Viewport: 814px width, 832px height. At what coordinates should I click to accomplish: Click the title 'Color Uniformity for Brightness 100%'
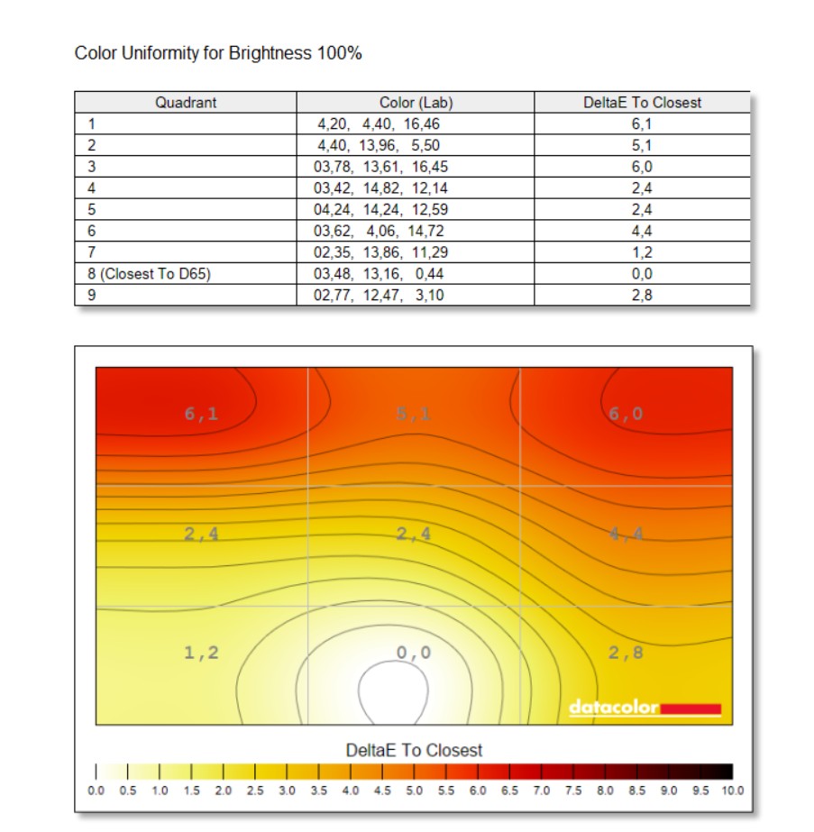[218, 54]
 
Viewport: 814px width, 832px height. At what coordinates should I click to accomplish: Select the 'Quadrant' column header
[186, 103]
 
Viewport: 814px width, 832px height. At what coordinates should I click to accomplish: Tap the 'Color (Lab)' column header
[415, 103]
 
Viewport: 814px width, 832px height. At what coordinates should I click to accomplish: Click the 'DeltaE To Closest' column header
[642, 103]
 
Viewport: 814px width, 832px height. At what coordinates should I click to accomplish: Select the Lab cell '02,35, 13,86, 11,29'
[380, 252]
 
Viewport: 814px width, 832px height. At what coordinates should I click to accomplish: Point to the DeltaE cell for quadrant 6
[642, 231]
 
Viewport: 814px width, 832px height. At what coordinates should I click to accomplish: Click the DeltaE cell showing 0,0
[642, 274]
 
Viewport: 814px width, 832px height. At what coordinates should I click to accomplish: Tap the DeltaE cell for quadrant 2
[642, 146]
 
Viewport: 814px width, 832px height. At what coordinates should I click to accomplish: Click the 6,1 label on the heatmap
[201, 414]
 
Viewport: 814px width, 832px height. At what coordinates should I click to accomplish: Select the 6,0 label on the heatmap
[625, 414]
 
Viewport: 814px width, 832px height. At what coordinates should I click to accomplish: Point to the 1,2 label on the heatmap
[201, 652]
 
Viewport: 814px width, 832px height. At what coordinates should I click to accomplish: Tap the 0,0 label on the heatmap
[414, 652]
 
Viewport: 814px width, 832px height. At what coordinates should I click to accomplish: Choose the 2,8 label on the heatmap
[626, 652]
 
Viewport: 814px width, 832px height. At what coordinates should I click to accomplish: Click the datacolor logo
[645, 708]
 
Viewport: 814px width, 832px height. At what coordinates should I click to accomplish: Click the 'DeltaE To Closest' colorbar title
[414, 750]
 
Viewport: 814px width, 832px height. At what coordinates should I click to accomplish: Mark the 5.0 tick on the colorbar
[414, 791]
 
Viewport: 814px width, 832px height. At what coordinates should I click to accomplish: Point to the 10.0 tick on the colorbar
[731, 791]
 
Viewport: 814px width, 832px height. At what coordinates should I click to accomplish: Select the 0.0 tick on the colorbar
[96, 791]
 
